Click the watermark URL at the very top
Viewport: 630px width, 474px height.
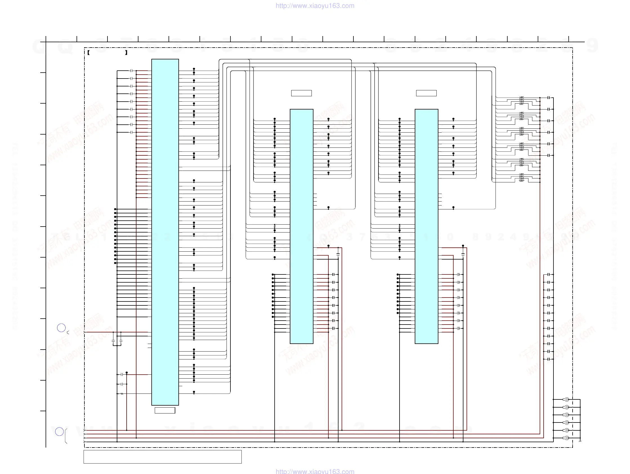click(x=315, y=6)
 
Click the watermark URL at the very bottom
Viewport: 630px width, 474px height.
click(x=315, y=471)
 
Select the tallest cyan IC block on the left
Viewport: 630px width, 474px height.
click(x=165, y=232)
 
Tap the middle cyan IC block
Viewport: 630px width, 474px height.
click(x=301, y=226)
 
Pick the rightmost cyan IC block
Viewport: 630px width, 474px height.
click(x=426, y=226)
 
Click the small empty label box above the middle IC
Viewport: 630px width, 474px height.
click(x=301, y=93)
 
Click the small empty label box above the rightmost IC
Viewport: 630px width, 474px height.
click(x=426, y=93)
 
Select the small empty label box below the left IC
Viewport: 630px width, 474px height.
click(x=165, y=410)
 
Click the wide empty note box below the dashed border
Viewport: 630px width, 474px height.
click(x=162, y=457)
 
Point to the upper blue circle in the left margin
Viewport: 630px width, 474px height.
click(x=61, y=328)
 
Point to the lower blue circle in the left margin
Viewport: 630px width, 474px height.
click(x=59, y=431)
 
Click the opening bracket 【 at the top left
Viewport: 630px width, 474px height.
click(x=89, y=53)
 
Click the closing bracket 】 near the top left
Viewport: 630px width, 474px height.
click(x=126, y=53)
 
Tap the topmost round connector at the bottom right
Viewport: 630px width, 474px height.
click(x=567, y=399)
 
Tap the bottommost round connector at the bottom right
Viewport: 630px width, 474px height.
click(x=567, y=438)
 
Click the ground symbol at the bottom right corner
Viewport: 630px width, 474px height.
click(x=580, y=441)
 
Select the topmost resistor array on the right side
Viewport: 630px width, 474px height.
click(x=521, y=100)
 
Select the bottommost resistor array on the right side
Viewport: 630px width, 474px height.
click(x=521, y=177)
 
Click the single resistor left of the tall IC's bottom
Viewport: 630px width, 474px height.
click(x=122, y=394)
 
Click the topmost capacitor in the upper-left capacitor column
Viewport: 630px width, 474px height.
click(x=131, y=71)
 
